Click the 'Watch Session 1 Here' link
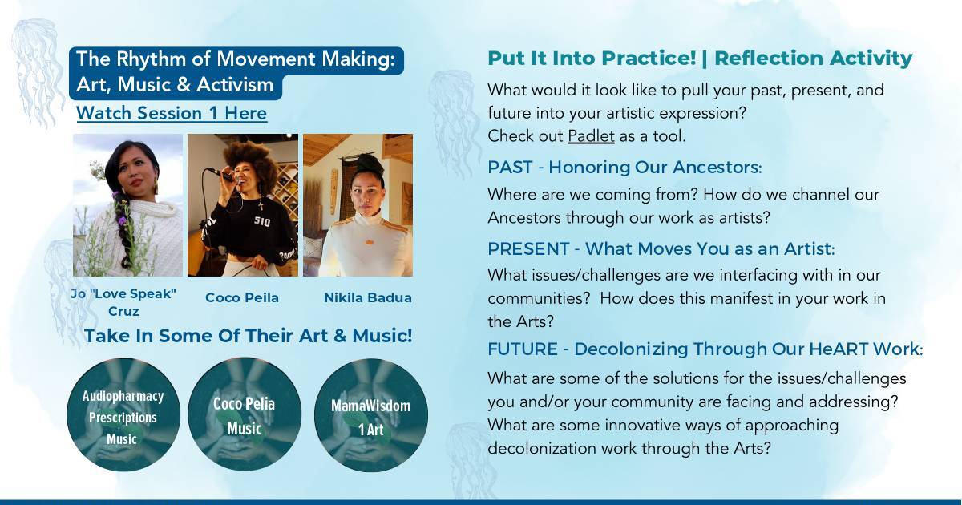click(172, 113)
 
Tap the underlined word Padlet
click(591, 136)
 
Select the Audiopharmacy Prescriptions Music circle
click(123, 415)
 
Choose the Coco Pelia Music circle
click(245, 414)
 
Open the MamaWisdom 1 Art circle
click(371, 415)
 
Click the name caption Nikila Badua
click(368, 297)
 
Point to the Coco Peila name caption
click(242, 297)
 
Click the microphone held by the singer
click(220, 174)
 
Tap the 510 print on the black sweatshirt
click(262, 221)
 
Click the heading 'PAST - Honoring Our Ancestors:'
click(624, 167)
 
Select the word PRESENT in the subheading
click(528, 249)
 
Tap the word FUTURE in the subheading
click(523, 349)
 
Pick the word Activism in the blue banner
click(234, 85)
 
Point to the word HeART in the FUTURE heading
click(839, 349)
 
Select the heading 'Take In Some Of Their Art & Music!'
click(249, 336)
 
